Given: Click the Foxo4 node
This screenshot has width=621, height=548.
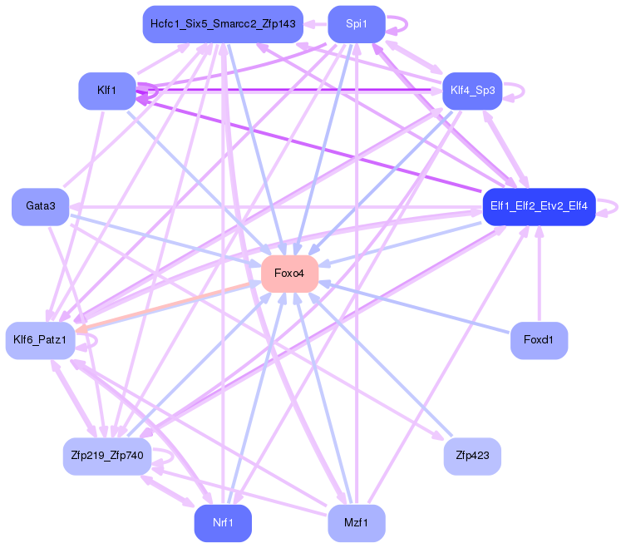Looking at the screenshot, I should (x=289, y=274).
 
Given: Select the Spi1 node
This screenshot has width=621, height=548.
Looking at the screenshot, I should (x=357, y=24).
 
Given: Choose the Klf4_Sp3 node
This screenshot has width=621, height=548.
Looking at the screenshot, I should (x=471, y=91).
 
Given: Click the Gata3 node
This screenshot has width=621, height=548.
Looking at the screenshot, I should (x=40, y=205).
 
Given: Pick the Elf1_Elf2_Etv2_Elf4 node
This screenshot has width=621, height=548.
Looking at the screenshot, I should (x=539, y=205).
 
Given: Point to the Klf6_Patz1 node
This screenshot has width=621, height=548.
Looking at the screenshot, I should (x=40, y=340).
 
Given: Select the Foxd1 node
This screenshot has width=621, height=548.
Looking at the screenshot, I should (x=539, y=340).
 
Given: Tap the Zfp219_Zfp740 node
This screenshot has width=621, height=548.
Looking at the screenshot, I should (x=106, y=456).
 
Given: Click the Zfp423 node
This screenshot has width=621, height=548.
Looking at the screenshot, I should (x=472, y=456).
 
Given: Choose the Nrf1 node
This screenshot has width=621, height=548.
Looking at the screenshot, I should (x=223, y=523).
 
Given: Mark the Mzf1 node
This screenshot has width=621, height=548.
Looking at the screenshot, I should (x=357, y=523).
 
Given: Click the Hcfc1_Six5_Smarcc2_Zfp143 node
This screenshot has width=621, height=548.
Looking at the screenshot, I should (x=223, y=24).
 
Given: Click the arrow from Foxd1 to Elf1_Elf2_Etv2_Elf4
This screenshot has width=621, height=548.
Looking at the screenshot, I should (x=539, y=274).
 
